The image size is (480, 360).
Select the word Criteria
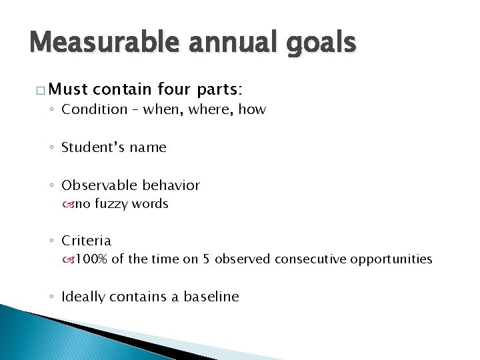(87, 239)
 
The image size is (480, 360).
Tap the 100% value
(87, 259)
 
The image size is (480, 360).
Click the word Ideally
(84, 297)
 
